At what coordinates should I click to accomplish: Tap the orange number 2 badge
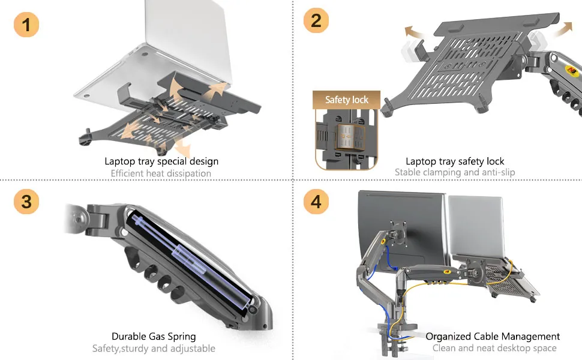click(x=316, y=21)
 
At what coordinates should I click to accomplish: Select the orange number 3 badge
click(x=26, y=202)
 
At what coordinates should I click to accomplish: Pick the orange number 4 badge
click(x=316, y=202)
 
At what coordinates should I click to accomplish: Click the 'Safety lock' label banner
click(x=347, y=100)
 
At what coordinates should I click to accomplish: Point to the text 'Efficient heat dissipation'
click(x=161, y=173)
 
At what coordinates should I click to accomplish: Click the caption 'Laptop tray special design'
click(x=161, y=161)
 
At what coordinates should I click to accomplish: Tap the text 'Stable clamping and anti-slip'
click(x=455, y=172)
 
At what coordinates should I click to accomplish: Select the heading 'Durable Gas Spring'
click(x=154, y=337)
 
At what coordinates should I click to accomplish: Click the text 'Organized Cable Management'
click(x=493, y=337)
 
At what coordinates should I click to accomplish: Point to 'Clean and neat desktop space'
click(x=494, y=348)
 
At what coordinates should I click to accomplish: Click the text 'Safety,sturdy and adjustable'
click(x=154, y=349)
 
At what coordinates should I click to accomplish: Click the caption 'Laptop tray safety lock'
click(x=455, y=161)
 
